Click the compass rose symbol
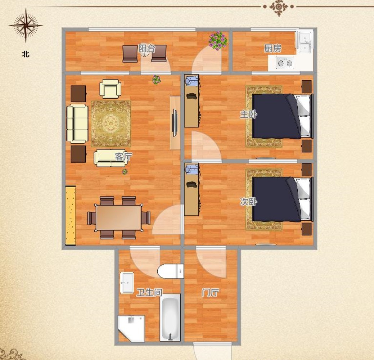pyautogui.click(x=26, y=25)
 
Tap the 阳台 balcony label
pyautogui.click(x=147, y=49)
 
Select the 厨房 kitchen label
pyautogui.click(x=272, y=49)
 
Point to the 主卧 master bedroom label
pyautogui.click(x=248, y=114)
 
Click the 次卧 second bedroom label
pyautogui.click(x=248, y=202)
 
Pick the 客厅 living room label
pyautogui.click(x=123, y=157)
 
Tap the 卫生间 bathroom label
pyautogui.click(x=149, y=292)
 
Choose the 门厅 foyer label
pyautogui.click(x=210, y=292)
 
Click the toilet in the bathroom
pyautogui.click(x=171, y=271)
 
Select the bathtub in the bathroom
pyautogui.click(x=170, y=317)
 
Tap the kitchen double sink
pyautogui.click(x=305, y=42)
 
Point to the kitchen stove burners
pyautogui.click(x=285, y=63)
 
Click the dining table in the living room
pyautogui.click(x=119, y=218)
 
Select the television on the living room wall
pyautogui.click(x=175, y=123)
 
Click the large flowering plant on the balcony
pyautogui.click(x=218, y=40)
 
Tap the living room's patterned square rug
pyautogui.click(x=111, y=123)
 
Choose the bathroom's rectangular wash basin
pyautogui.click(x=127, y=283)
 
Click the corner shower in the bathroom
pyautogui.click(x=131, y=329)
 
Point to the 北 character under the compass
pyautogui.click(x=26, y=54)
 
